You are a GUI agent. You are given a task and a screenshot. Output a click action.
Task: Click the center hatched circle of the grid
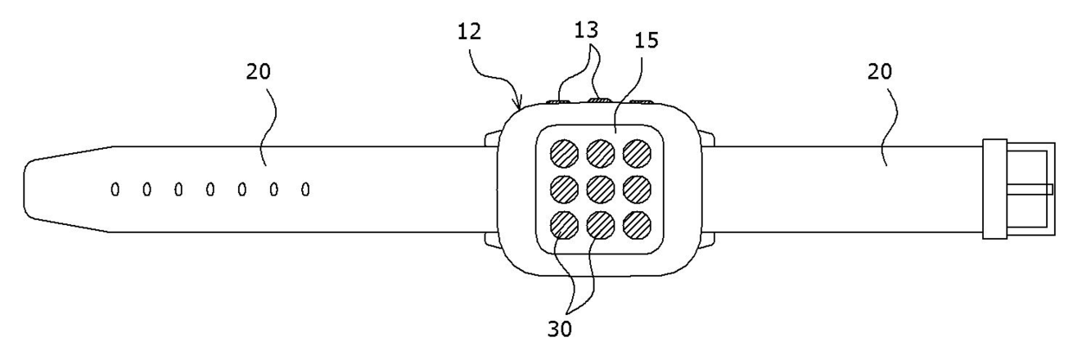pyautogui.click(x=601, y=188)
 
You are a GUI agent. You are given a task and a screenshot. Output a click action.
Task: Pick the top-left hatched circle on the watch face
pyautogui.click(x=564, y=152)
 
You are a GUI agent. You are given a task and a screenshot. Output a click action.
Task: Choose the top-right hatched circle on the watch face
pyautogui.click(x=637, y=152)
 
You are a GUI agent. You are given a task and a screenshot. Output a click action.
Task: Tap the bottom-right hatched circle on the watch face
pyautogui.click(x=637, y=224)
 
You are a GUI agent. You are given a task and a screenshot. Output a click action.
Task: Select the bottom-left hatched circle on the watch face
pyautogui.click(x=564, y=224)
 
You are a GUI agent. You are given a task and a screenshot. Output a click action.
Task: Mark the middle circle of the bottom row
pyautogui.click(x=601, y=224)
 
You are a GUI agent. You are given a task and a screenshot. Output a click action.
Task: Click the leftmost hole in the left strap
pyautogui.click(x=115, y=189)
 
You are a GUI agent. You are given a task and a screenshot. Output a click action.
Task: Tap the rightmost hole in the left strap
pyautogui.click(x=305, y=189)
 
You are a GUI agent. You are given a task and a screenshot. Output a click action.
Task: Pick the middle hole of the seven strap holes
pyautogui.click(x=209, y=189)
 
